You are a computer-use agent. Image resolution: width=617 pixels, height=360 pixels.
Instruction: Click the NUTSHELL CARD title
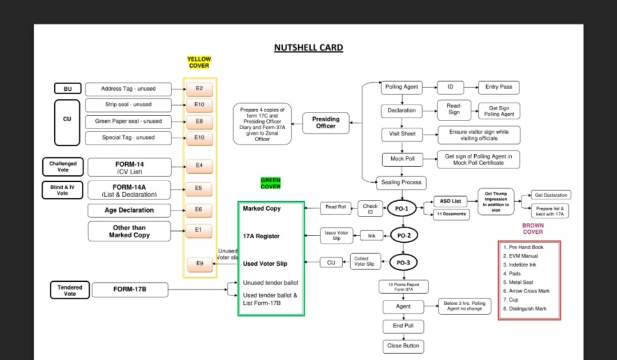[x=308, y=47]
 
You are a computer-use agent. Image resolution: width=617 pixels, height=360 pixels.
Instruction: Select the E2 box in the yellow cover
[x=199, y=89]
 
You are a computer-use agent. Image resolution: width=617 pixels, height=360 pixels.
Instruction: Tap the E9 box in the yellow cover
[x=199, y=263]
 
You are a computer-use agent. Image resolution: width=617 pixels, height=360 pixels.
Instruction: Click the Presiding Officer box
[x=326, y=122]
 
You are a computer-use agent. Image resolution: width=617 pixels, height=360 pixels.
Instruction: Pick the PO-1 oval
[x=402, y=209]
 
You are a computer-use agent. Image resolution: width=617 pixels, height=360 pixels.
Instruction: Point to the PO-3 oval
[x=403, y=263]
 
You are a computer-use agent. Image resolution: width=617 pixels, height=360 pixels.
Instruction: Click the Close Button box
[x=403, y=346]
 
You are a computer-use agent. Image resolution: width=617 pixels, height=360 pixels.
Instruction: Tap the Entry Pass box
[x=499, y=87]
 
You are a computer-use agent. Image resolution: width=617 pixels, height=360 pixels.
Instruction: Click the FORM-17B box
[x=130, y=290]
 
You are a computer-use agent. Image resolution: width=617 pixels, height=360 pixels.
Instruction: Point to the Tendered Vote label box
[x=70, y=290]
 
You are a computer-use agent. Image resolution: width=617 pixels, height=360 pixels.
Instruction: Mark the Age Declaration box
[x=129, y=210]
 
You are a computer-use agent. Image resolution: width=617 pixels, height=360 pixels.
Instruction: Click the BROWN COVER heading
[x=532, y=229]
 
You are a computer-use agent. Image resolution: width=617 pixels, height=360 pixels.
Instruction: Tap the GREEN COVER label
[x=270, y=183]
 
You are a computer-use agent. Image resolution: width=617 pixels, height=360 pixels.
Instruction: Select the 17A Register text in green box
[x=261, y=236]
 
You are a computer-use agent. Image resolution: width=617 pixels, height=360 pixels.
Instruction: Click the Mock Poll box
[x=403, y=159]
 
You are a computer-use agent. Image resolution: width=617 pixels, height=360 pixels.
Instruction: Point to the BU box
[x=67, y=89]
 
